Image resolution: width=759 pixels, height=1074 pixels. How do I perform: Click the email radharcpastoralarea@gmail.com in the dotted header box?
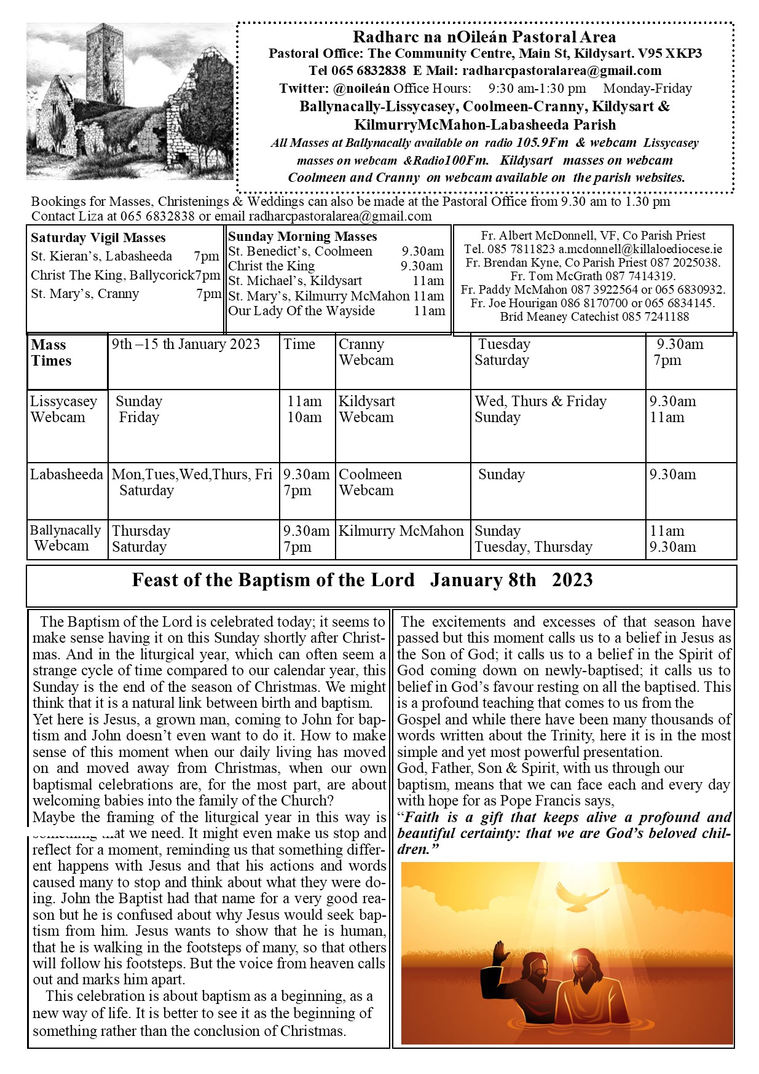[x=562, y=71]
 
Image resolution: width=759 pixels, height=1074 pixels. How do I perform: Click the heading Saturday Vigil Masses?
[x=98, y=238]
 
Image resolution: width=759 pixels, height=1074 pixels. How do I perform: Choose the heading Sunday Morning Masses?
[x=302, y=237]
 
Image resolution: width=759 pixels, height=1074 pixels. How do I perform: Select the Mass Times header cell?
[x=51, y=353]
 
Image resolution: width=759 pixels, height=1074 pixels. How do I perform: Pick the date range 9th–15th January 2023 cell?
[x=186, y=344]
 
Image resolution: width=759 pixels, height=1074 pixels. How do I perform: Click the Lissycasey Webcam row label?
[x=63, y=409]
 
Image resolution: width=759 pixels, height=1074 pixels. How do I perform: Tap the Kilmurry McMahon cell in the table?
[x=401, y=531]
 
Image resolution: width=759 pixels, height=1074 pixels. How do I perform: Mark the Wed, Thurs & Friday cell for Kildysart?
[x=540, y=401]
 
